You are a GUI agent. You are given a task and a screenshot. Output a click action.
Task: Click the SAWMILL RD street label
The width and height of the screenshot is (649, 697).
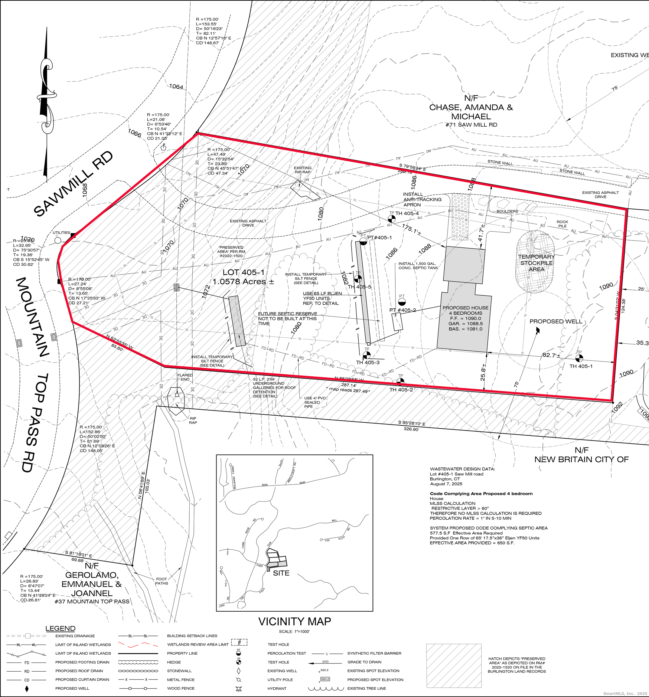(73, 184)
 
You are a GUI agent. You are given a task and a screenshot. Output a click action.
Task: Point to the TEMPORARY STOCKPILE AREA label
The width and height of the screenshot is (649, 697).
(536, 263)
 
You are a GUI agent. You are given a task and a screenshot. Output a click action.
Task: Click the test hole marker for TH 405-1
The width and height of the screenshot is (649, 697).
(579, 358)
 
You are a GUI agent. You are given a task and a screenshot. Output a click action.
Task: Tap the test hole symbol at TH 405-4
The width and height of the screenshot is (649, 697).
(392, 218)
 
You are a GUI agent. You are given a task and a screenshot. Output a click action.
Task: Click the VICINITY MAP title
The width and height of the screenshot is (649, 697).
(294, 622)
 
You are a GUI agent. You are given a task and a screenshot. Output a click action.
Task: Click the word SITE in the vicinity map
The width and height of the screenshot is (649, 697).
(281, 573)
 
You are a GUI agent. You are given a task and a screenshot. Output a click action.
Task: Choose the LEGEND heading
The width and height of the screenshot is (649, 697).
(60, 629)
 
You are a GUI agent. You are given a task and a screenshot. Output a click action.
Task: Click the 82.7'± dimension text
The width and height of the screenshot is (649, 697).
(551, 355)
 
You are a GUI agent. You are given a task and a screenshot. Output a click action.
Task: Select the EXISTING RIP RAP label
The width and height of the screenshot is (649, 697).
(302, 170)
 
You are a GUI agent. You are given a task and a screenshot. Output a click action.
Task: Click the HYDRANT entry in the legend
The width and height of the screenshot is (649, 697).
(277, 689)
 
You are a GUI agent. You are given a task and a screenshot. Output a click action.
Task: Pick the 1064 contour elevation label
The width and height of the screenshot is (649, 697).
(176, 87)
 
